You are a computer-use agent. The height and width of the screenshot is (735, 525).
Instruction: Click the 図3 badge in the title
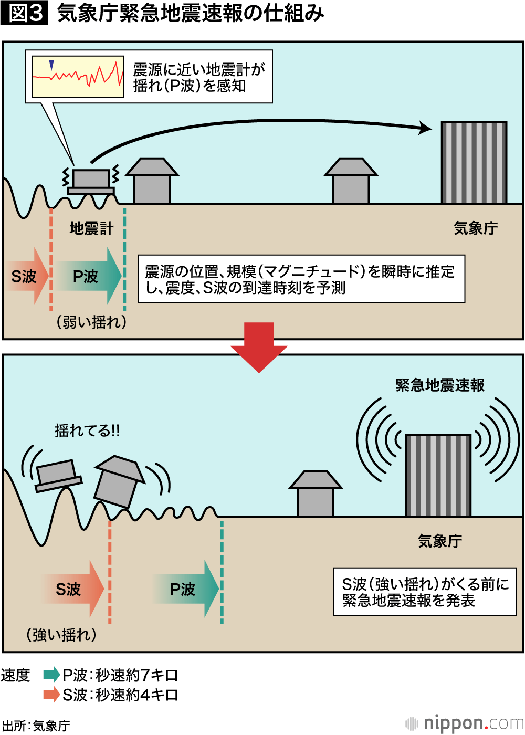coord(24,13)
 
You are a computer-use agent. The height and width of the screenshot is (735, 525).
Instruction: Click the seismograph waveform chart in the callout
coord(78,77)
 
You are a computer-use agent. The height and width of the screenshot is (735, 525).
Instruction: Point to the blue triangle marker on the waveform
coord(51,65)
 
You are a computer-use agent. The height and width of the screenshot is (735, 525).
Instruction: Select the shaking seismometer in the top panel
coord(90,181)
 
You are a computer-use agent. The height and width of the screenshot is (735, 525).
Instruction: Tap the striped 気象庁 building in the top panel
coord(474,163)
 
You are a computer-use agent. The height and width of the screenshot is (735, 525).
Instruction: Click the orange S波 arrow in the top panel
coord(27,276)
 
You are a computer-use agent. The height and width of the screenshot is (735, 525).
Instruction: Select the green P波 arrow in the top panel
coord(89,276)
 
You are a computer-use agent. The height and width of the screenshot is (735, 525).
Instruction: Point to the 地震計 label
coord(91,228)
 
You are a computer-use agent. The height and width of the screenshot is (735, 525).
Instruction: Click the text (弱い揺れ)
coord(91,322)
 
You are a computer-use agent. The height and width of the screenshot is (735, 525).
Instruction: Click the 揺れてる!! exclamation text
coord(87,431)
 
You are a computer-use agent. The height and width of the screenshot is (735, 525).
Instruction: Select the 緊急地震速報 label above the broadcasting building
coord(440,385)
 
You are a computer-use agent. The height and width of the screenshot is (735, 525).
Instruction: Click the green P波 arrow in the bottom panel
coord(186,589)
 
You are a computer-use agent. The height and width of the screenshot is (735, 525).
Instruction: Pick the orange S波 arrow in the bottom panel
coord(73,589)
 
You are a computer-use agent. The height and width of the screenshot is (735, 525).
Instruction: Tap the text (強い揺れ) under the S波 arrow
coord(61,635)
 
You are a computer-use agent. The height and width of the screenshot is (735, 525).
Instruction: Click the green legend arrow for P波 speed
coord(51,675)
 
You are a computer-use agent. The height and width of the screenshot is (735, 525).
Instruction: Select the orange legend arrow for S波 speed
coord(51,695)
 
